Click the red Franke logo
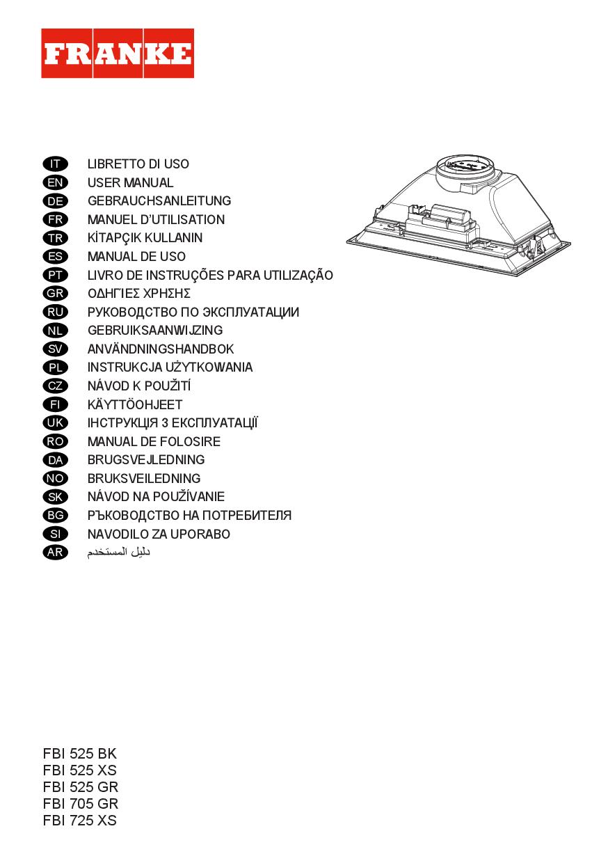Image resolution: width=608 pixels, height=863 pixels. pos(118,53)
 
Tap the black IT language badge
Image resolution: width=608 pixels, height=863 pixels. pos(56,164)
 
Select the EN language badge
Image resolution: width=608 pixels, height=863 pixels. pos(56,182)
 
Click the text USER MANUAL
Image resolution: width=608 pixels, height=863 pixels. pos(131,182)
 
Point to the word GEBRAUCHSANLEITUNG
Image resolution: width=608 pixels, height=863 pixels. pos(159,201)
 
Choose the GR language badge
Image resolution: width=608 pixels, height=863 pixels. pos(56,294)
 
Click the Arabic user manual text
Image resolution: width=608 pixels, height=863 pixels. pos(118,552)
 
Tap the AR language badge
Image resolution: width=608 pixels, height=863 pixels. pos(56,553)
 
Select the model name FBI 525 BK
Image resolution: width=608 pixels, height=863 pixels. pos(80,754)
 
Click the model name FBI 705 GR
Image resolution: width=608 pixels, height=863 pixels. pos(81,804)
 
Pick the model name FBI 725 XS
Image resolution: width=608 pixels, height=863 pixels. pos(80,821)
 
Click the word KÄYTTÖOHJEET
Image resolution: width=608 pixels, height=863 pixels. pos(135,404)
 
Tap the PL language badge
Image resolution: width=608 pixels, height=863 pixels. pos(56,367)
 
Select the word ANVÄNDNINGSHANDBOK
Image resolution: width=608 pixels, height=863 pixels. pos(161,349)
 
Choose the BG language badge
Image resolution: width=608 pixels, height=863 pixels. pos(56,516)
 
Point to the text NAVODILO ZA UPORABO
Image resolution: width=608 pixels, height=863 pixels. pos(159,535)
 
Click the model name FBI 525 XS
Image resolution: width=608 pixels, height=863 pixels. pos(80,770)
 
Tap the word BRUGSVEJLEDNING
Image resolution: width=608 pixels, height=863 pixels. pos(146,460)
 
